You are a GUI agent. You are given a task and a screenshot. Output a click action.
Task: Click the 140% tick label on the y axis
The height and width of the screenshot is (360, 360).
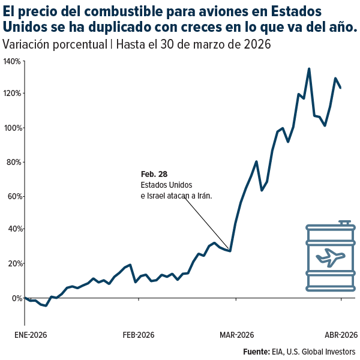pyautogui.click(x=12, y=61)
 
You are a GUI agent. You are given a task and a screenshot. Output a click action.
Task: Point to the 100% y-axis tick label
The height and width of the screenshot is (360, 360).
pyautogui.click(x=12, y=128)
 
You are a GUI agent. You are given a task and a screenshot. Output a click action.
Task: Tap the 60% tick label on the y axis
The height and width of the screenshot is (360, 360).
pyautogui.click(x=13, y=196)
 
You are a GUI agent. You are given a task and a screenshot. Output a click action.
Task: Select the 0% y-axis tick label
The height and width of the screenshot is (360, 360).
pyautogui.click(x=16, y=298)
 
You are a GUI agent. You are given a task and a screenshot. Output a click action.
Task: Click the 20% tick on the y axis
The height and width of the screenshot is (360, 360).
pyautogui.click(x=13, y=263)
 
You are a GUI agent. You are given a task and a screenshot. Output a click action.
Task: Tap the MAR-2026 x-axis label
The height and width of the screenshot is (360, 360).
pyautogui.click(x=237, y=334)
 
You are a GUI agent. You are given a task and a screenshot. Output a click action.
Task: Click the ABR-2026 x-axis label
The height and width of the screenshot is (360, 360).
pyautogui.click(x=341, y=334)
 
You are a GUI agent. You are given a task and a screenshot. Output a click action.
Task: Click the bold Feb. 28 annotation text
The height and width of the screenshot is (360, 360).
pyautogui.click(x=154, y=174)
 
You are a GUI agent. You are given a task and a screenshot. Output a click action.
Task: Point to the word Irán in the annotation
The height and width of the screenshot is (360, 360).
pyautogui.click(x=204, y=196)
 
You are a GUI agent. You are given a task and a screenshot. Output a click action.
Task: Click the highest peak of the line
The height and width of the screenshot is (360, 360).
pyautogui.click(x=309, y=68)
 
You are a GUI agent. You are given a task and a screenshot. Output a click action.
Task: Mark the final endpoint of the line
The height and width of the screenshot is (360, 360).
pyautogui.click(x=341, y=88)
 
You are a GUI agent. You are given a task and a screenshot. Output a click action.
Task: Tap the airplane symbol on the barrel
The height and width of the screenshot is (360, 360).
pyautogui.click(x=329, y=257)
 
